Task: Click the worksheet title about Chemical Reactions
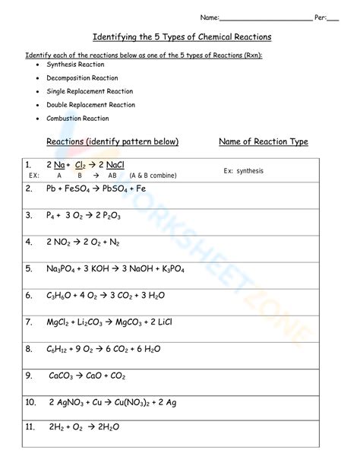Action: coord(182,36)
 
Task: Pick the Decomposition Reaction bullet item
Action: coord(82,78)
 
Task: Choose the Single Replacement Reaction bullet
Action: coord(90,91)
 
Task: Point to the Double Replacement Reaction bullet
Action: coord(90,105)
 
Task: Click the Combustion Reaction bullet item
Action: coord(77,119)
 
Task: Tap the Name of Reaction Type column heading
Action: coord(263,141)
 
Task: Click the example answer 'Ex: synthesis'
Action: coord(243,171)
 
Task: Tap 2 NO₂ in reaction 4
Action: coord(58,243)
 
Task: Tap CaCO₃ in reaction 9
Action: coord(62,376)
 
